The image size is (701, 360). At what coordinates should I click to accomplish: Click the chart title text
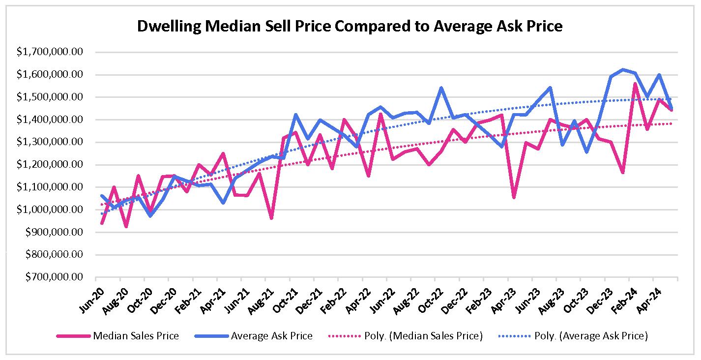coord(350,26)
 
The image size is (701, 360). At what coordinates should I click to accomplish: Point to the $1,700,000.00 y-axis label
coord(49,52)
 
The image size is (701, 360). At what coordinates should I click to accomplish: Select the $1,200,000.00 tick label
coord(49,165)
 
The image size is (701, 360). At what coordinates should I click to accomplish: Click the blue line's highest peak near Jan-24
coord(623,69)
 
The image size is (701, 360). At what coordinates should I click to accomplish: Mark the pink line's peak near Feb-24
coord(635,84)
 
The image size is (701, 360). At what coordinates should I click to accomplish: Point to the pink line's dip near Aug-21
coord(271,218)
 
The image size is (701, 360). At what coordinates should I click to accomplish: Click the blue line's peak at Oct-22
coord(441,88)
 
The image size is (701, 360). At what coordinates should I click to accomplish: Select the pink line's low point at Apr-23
coord(514,197)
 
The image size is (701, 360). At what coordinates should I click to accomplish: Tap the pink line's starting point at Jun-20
coord(102,223)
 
